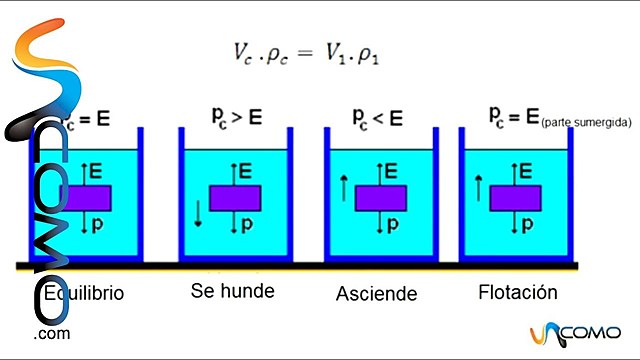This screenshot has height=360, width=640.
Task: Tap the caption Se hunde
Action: [232, 291]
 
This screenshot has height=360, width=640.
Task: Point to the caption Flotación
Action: [518, 293]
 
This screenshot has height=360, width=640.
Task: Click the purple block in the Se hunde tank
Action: [235, 197]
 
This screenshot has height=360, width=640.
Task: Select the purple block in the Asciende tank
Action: [380, 197]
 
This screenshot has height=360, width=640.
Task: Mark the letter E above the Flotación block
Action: [526, 170]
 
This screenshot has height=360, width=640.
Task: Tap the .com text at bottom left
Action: [51, 334]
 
